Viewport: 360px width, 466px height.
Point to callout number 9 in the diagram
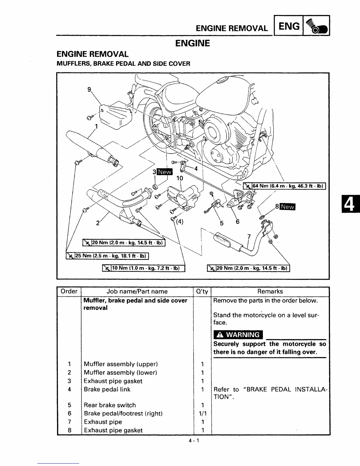pos(89,90)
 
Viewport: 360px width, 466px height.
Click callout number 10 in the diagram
pos(179,178)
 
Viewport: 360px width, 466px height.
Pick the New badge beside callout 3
pos(165,172)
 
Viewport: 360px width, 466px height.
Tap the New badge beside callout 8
pos(288,207)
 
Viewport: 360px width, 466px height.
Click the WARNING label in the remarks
pos(238,335)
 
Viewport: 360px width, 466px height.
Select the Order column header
pos(69,291)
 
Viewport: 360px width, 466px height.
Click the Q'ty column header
pos(202,291)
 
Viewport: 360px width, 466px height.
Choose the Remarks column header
pos(270,291)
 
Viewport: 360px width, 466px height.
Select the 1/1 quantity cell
pos(202,413)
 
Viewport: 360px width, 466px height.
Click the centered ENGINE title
pos(192,43)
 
